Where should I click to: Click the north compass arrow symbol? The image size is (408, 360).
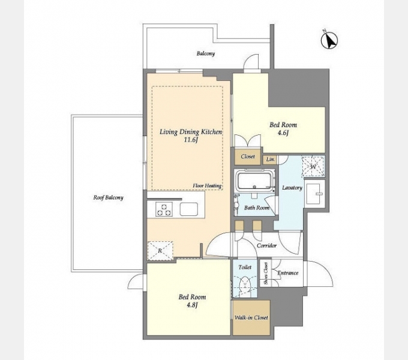[329, 40]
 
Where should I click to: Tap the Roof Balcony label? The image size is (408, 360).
[108, 197]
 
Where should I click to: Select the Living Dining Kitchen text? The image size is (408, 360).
[191, 132]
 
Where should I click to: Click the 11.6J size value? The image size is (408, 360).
[191, 140]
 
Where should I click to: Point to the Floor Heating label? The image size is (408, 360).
[207, 186]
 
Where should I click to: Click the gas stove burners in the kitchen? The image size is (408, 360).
[164, 209]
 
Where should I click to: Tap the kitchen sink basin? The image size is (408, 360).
[189, 209]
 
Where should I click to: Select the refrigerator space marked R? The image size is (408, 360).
[160, 251]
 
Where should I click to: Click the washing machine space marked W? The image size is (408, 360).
[313, 166]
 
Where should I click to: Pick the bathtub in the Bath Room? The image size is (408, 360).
[255, 180]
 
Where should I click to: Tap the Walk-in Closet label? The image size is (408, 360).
[251, 317]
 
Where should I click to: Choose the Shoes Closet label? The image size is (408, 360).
[266, 274]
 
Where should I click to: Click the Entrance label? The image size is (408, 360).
[288, 273]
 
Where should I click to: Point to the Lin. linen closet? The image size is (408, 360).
[271, 160]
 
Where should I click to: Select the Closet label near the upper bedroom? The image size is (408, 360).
[248, 157]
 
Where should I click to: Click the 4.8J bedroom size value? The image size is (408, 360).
[192, 305]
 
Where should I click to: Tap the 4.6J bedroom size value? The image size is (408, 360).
[283, 133]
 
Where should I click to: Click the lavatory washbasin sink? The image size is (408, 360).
[314, 194]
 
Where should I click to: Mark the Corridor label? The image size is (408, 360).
[267, 245]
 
